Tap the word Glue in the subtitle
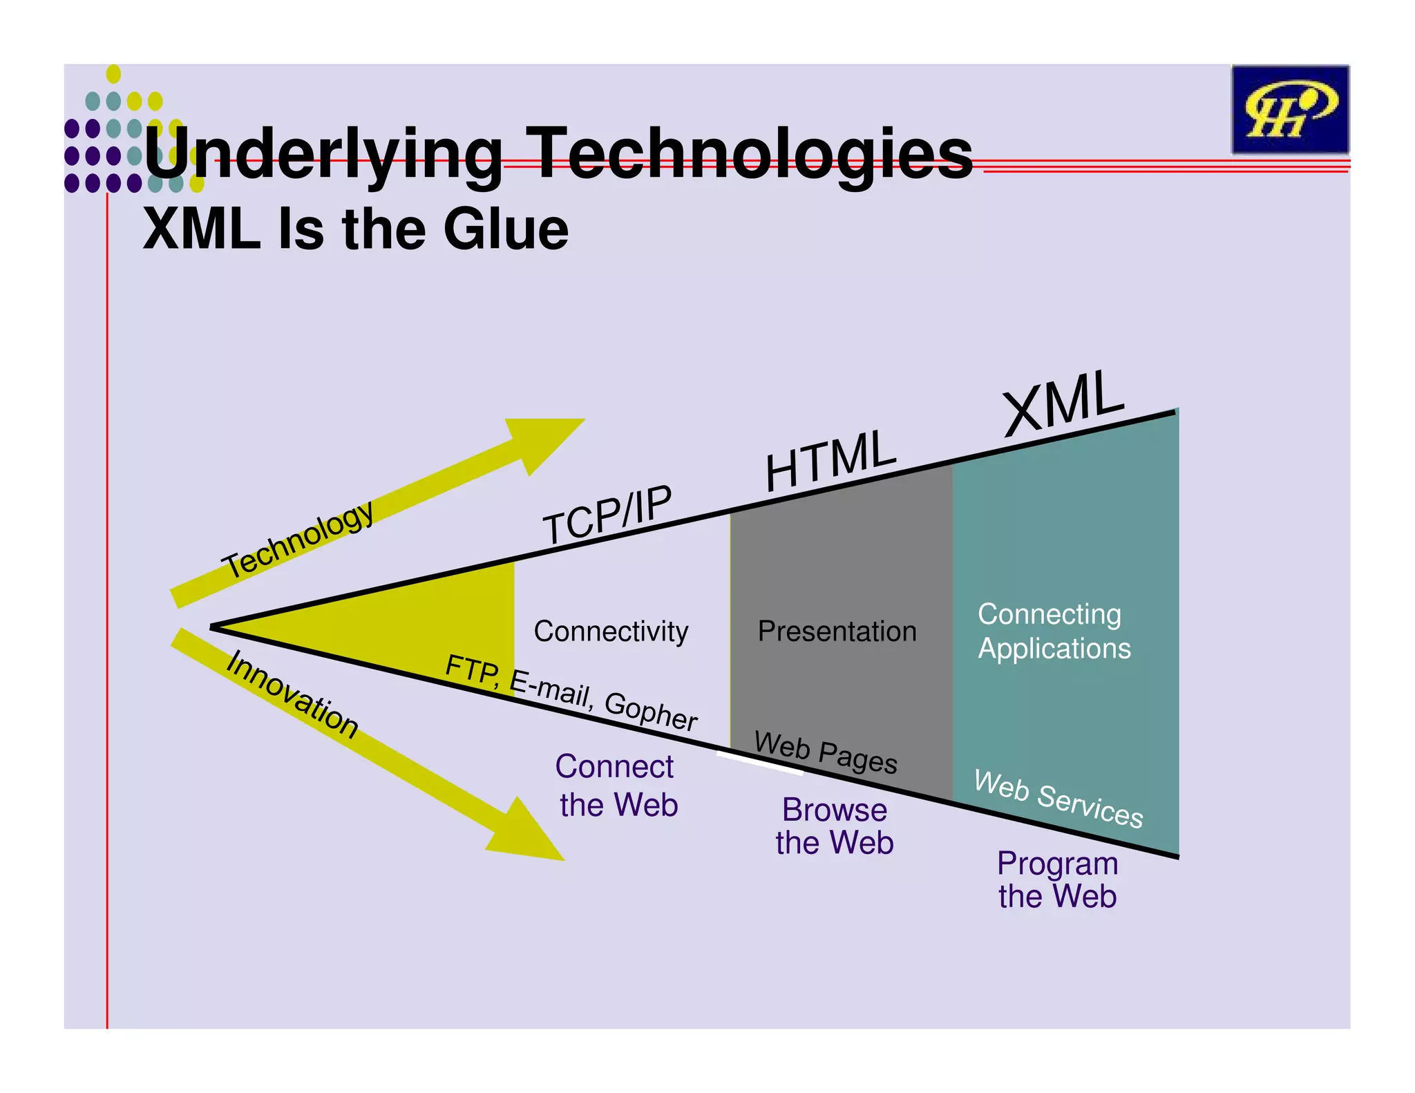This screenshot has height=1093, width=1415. pyautogui.click(x=506, y=229)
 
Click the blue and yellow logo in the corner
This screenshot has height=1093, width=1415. pyautogui.click(x=1289, y=110)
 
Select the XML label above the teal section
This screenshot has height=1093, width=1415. pyautogui.click(x=1063, y=404)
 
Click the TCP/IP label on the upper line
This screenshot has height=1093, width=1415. pyautogui.click(x=607, y=515)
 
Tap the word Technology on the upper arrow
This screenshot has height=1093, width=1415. pyautogui.click(x=299, y=539)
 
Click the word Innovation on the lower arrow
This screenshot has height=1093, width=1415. pyautogui.click(x=292, y=694)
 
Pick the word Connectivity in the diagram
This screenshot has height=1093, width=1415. pyautogui.click(x=611, y=631)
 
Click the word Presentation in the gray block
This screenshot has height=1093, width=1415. pyautogui.click(x=837, y=631)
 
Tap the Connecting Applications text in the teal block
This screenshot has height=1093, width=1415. pyautogui.click(x=1054, y=631)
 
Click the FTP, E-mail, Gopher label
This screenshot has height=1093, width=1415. pyautogui.click(x=571, y=692)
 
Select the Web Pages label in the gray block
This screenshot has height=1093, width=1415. pyautogui.click(x=826, y=752)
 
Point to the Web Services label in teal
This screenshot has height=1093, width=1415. pyautogui.click(x=1058, y=799)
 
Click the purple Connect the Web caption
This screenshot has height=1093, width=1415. pyautogui.click(x=617, y=786)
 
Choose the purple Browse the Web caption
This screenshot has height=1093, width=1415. pyautogui.click(x=835, y=826)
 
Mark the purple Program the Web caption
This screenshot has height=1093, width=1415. pyautogui.click(x=1057, y=880)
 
